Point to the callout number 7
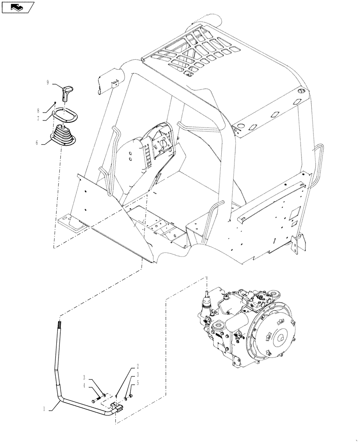(51, 118)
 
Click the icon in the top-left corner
(18, 7)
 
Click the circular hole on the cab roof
(300, 91)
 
